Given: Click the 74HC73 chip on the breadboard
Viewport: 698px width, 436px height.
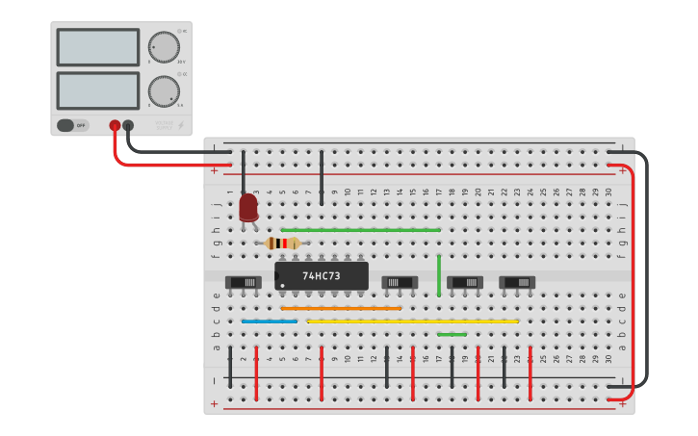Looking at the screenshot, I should pyautogui.click(x=322, y=275).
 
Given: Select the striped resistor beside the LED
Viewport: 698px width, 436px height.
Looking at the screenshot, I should pyautogui.click(x=282, y=244).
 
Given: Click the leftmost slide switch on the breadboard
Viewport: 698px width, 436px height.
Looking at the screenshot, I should pyautogui.click(x=243, y=282).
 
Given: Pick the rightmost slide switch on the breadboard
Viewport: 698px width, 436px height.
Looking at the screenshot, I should pyautogui.click(x=517, y=282).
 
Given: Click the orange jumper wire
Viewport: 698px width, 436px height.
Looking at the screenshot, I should pyautogui.click(x=341, y=308).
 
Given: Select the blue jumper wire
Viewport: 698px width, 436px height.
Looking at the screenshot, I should pyautogui.click(x=270, y=321).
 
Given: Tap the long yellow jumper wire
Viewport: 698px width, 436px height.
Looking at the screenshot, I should pyautogui.click(x=412, y=321).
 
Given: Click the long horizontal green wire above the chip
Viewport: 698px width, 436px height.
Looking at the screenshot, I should pyautogui.click(x=360, y=230).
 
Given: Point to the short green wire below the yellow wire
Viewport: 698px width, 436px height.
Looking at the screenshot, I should pyautogui.click(x=452, y=334).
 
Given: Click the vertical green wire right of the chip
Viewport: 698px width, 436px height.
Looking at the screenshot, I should pyautogui.click(x=439, y=275).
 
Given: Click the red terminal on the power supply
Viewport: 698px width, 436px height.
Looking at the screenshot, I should pyautogui.click(x=115, y=125).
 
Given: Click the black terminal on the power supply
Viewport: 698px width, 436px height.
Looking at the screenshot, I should pyautogui.click(x=128, y=125).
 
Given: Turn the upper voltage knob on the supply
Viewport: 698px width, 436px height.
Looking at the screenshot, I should pyautogui.click(x=164, y=47).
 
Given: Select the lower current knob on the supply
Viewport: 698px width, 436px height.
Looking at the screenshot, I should pyautogui.click(x=164, y=91).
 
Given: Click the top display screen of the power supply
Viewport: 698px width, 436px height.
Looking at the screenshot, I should pyautogui.click(x=98, y=47).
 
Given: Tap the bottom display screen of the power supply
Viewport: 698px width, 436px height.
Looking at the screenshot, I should pyautogui.click(x=98, y=91).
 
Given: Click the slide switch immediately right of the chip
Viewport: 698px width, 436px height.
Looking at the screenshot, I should pyautogui.click(x=400, y=282).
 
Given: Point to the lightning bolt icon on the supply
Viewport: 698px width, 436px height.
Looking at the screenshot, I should pyautogui.click(x=180, y=125).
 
